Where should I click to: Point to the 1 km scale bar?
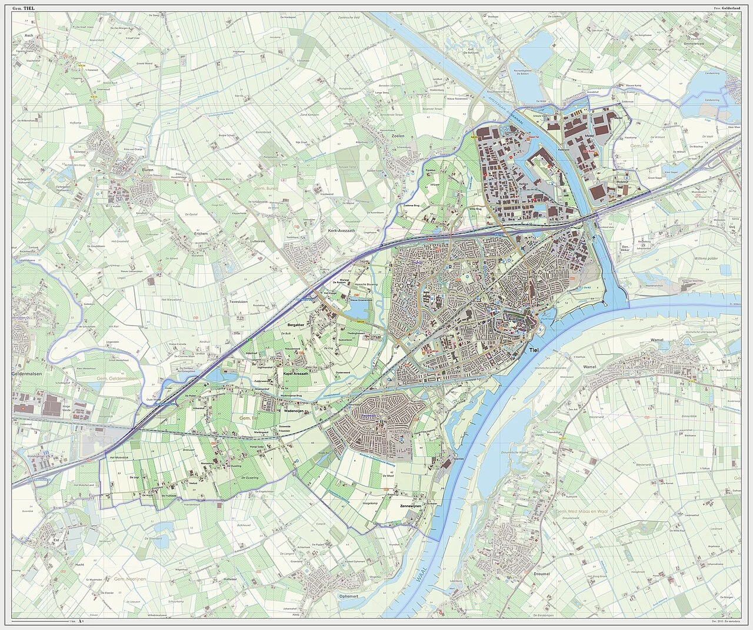pos(41,622)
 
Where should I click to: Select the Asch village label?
pos(28,35)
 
